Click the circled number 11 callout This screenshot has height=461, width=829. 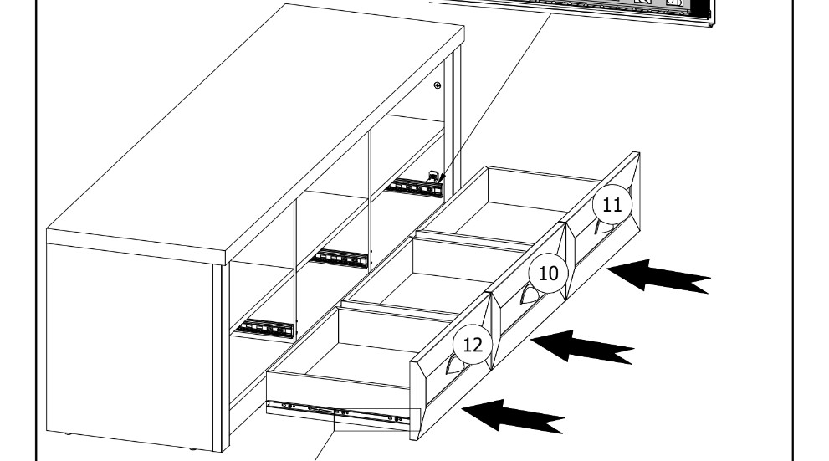[x=612, y=205]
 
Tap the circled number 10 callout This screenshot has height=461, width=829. [x=548, y=273]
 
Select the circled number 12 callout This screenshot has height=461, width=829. [x=472, y=345]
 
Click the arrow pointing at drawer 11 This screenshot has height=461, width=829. [x=658, y=276]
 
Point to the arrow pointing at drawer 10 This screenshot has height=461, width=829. [x=582, y=346]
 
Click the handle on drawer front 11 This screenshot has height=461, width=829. [x=601, y=227]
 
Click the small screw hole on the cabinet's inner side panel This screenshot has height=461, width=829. [x=438, y=86]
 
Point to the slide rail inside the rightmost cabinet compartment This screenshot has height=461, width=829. [x=415, y=187]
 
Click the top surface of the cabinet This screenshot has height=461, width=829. [x=251, y=125]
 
